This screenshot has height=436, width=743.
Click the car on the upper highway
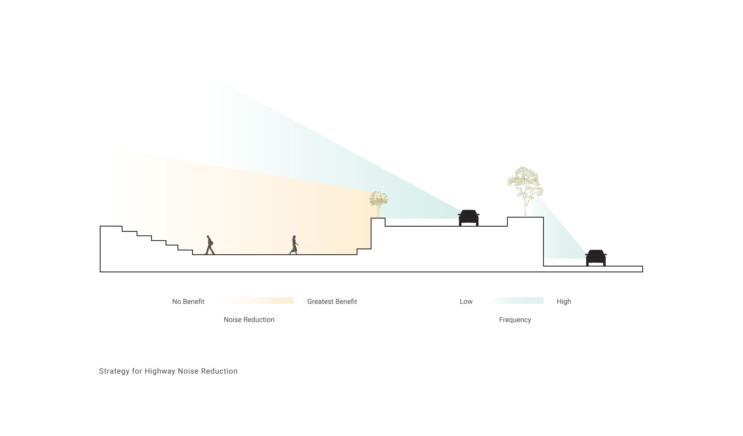pyautogui.click(x=468, y=218)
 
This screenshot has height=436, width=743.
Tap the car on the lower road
pyautogui.click(x=596, y=258)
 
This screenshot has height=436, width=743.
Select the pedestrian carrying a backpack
pyautogui.click(x=209, y=245)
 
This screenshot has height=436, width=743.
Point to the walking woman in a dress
pyautogui.click(x=294, y=245)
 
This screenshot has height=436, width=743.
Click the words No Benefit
pyautogui.click(x=188, y=301)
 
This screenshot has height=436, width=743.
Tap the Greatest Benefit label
pyautogui.click(x=332, y=301)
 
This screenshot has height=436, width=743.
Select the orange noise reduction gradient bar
pyautogui.click(x=255, y=301)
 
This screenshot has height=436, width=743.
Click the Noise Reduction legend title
pyautogui.click(x=249, y=319)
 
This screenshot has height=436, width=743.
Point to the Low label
pyautogui.click(x=466, y=301)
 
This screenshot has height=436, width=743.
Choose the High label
pyautogui.click(x=564, y=301)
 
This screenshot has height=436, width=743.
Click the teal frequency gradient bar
pyautogui.click(x=518, y=301)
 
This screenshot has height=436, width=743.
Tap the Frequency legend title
pyautogui.click(x=515, y=320)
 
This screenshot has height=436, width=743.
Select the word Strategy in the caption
pyautogui.click(x=114, y=371)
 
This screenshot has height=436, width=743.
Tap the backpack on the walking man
pyautogui.click(x=211, y=243)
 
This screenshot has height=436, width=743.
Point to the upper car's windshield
pyautogui.click(x=468, y=213)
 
